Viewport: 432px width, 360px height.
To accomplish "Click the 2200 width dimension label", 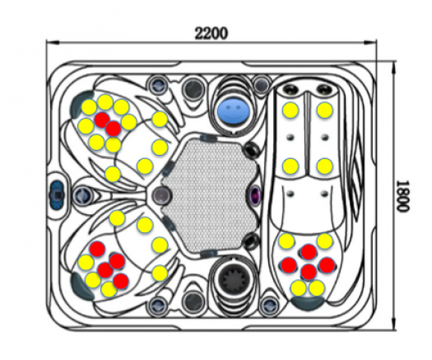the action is click(x=211, y=34).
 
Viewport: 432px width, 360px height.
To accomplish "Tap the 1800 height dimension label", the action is click(x=402, y=196).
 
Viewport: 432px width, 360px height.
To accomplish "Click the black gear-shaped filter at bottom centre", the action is click(x=230, y=276).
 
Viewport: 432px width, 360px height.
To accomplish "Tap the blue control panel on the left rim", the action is click(x=58, y=193).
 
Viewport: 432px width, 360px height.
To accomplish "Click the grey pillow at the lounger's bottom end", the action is click(x=308, y=302).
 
